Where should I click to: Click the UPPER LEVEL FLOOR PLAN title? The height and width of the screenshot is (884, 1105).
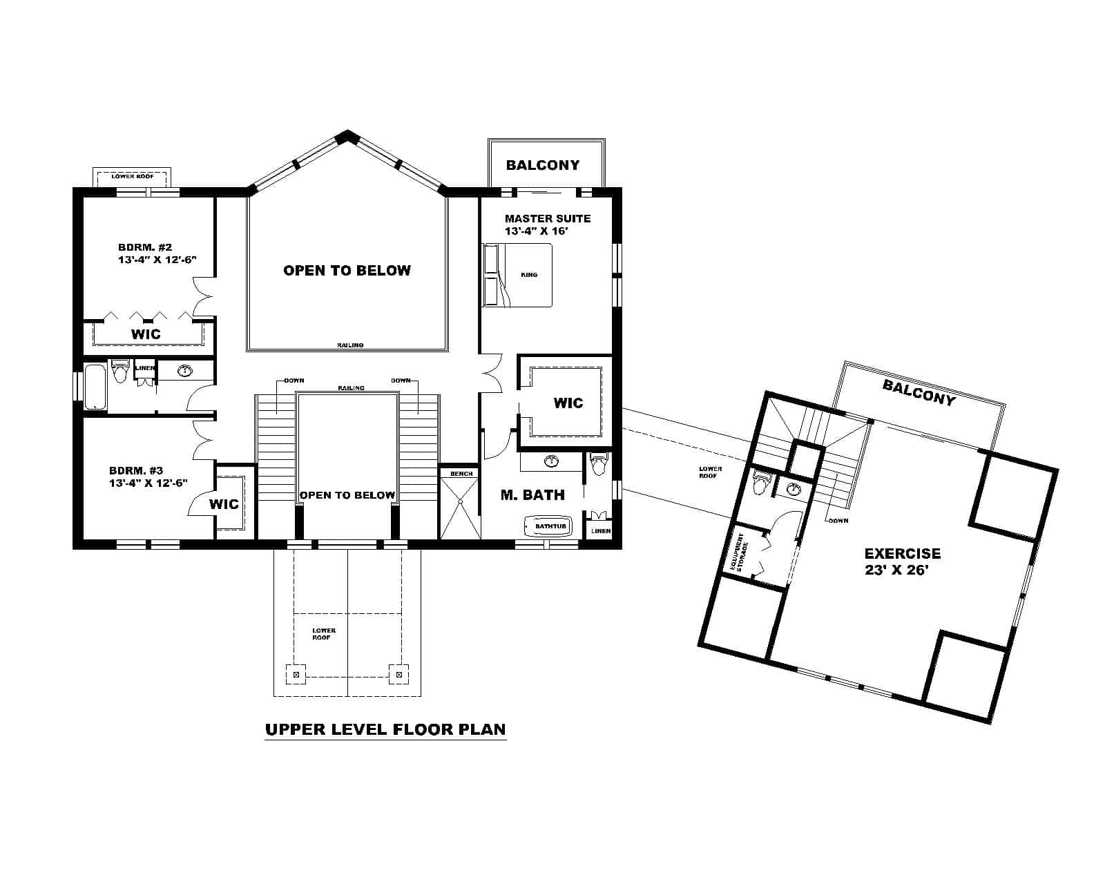point(385,729)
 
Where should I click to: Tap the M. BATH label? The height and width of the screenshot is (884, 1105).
point(532,494)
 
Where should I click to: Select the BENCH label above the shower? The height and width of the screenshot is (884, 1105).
point(461,474)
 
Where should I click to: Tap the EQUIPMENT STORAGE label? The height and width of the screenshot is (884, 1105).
point(740,552)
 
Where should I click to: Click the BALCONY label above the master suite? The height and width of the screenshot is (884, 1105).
point(542,165)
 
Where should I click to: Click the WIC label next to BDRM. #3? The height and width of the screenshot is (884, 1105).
point(224,504)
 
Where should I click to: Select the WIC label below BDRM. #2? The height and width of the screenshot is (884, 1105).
point(146,334)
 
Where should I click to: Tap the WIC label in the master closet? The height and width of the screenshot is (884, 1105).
point(568,403)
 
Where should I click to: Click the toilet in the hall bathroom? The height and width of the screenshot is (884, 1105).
point(120,372)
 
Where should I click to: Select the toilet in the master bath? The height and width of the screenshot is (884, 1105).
point(598,465)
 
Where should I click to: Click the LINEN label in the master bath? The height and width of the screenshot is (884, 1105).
point(601,531)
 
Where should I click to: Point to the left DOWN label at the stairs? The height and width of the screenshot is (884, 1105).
point(294,381)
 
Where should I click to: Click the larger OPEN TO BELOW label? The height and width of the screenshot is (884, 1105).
point(347,271)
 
